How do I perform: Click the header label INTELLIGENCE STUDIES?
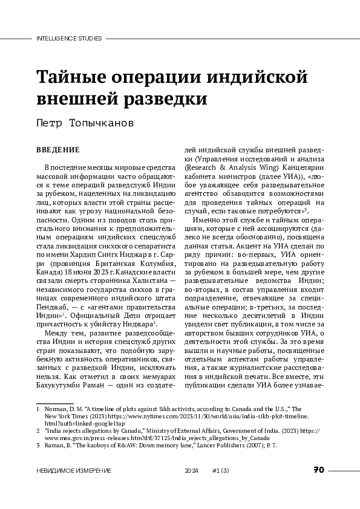click(69, 38)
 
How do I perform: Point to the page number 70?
click(319, 470)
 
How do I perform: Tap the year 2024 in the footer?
click(192, 470)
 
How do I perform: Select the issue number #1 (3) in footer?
click(220, 470)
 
